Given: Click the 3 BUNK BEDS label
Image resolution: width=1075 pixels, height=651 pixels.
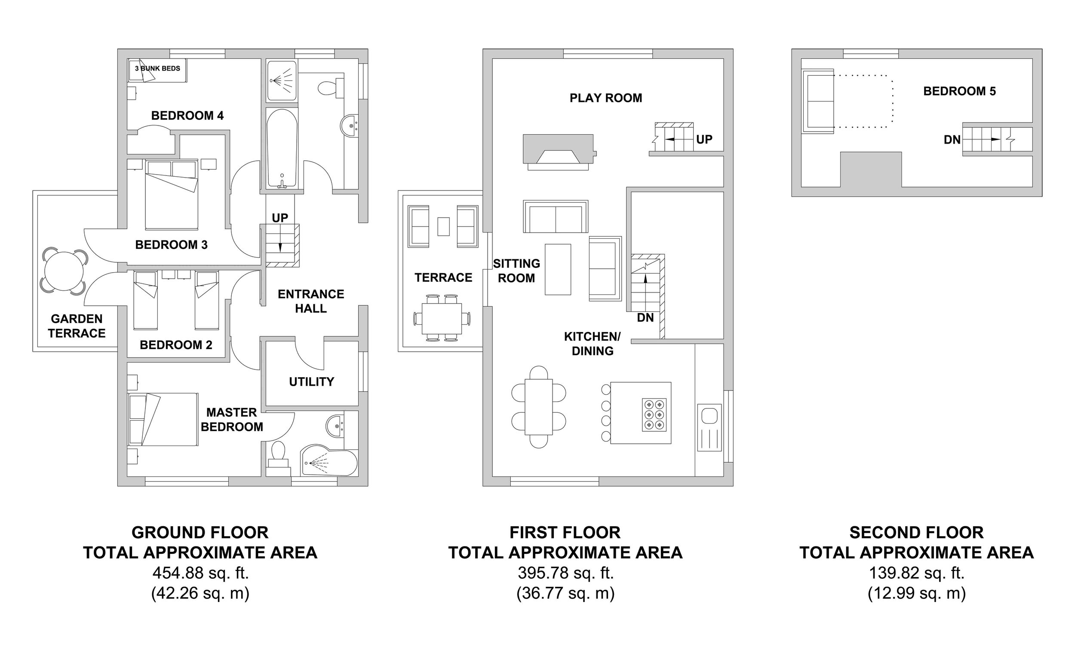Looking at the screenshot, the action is (x=157, y=68).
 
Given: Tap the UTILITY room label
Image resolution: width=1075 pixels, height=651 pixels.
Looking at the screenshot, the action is (x=311, y=382).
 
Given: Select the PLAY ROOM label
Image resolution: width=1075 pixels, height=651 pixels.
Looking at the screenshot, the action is (x=606, y=98).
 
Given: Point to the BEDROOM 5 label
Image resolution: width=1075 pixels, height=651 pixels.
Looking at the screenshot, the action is (x=960, y=91).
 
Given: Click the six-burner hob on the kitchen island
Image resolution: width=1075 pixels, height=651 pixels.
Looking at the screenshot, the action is (x=654, y=415).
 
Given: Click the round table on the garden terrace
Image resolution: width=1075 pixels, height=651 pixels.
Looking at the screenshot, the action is (x=64, y=271).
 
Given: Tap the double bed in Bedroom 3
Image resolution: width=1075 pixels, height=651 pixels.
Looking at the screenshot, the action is (x=172, y=194).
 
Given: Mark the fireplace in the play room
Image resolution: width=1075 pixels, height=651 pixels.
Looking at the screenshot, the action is (x=559, y=152).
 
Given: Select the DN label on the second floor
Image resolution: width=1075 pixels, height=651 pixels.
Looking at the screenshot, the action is (x=952, y=140).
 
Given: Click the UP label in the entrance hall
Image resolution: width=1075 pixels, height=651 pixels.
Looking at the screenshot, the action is (x=280, y=218).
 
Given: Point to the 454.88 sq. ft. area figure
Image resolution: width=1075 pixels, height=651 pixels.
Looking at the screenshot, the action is (x=200, y=573).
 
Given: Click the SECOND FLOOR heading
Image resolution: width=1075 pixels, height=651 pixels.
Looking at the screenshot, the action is (x=917, y=533).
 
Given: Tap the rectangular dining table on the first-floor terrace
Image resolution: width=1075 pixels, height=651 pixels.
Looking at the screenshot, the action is (x=442, y=319).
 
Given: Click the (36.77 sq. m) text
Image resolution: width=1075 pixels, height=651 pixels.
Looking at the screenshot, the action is (x=565, y=593).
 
